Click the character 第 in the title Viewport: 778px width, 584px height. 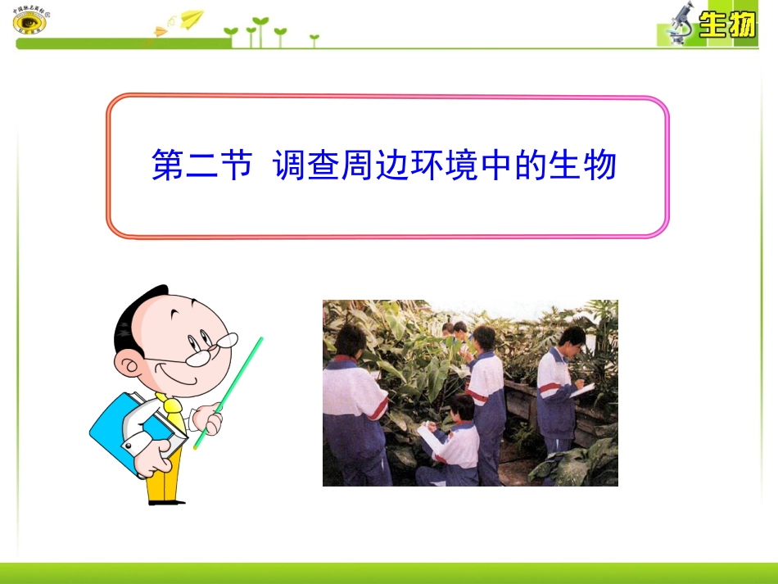[x=168, y=166]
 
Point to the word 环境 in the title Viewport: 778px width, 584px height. [x=446, y=166]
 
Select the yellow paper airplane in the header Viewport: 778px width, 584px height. [x=191, y=18]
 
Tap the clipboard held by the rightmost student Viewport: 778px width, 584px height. [x=584, y=391]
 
